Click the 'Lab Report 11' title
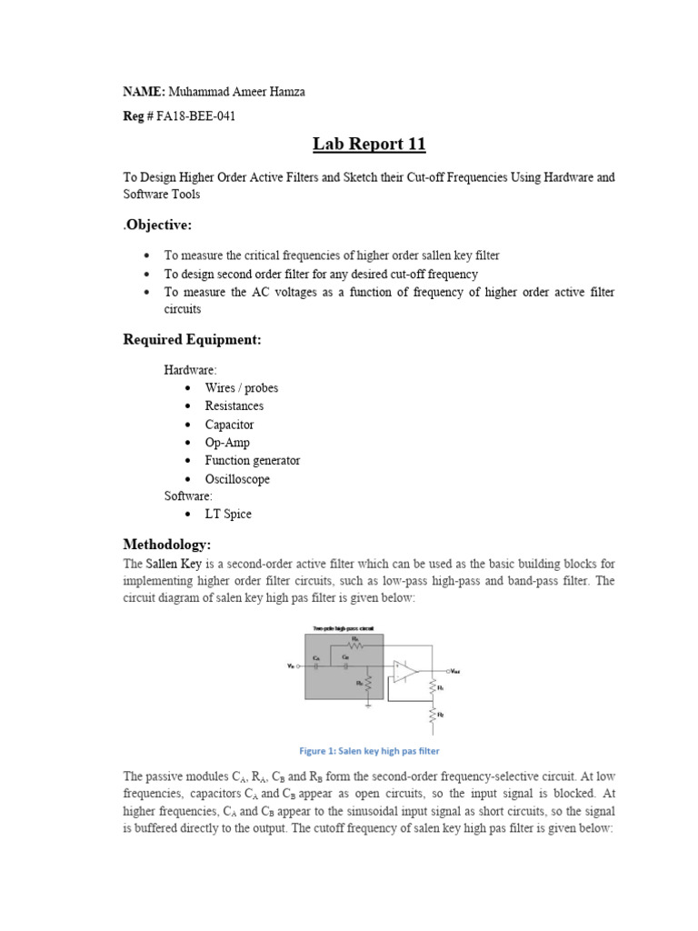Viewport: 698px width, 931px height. [x=369, y=145]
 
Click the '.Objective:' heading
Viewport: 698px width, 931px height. [x=157, y=225]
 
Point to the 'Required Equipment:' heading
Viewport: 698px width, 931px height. [x=192, y=339]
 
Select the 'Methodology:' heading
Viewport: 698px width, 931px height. [x=166, y=544]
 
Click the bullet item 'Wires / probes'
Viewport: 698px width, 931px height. [x=241, y=388]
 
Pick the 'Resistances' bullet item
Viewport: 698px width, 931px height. [x=234, y=406]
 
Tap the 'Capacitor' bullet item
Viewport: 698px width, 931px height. [x=229, y=425]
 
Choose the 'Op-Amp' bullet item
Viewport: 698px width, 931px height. [x=226, y=443]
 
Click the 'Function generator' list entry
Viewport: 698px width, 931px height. [x=252, y=461]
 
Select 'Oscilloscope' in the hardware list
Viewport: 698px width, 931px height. [x=236, y=479]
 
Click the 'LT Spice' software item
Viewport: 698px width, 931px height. [x=227, y=514]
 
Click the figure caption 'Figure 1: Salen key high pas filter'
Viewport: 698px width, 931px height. [x=369, y=751]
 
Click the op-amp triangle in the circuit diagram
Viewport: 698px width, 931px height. [x=404, y=671]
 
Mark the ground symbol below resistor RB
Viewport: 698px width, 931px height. [x=367, y=702]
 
